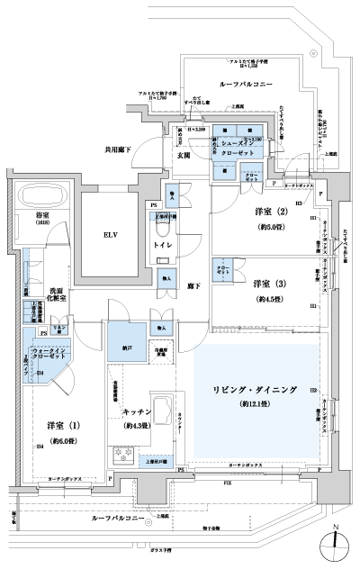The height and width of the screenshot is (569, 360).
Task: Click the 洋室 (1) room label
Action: click(62, 425)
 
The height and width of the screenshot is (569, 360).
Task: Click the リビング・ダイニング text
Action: click(255, 389)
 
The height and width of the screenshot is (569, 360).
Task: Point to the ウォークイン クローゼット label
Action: click(46, 353)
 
